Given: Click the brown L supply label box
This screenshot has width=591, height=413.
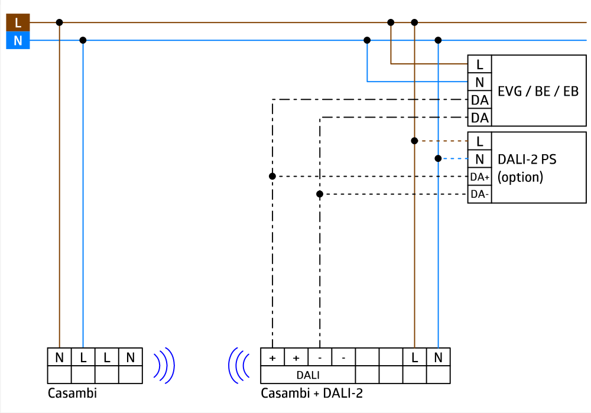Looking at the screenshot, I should click(x=18, y=22).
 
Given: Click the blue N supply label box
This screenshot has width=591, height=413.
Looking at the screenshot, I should click(x=18, y=41).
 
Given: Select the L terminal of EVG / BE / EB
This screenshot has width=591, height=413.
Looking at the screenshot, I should click(x=479, y=64).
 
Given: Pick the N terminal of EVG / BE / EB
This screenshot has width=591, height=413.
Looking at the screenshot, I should click(x=479, y=82).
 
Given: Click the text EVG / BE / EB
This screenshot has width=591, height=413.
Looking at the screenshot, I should click(x=538, y=92).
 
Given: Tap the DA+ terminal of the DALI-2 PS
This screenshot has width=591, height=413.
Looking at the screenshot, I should click(x=479, y=176).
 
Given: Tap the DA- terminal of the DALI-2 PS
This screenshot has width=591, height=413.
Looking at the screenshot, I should click(x=479, y=194).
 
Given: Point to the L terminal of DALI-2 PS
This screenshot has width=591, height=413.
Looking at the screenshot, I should click(x=479, y=141).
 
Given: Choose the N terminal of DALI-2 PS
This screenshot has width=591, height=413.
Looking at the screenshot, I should click(x=479, y=158).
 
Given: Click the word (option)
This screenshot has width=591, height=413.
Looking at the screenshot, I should click(x=520, y=177).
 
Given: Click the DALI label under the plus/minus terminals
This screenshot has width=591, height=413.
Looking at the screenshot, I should click(x=308, y=375).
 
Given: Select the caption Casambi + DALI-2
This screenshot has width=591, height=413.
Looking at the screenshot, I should click(x=311, y=393).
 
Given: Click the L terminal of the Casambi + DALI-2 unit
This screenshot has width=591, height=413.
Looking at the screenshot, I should click(x=414, y=357).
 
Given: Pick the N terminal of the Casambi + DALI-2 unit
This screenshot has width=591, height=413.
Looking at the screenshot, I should click(x=438, y=357).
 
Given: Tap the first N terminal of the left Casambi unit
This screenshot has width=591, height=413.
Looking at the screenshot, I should click(x=59, y=357).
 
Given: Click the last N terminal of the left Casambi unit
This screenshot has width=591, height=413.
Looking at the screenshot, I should click(x=130, y=357).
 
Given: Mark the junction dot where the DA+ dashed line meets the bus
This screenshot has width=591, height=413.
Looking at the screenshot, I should click(x=272, y=176).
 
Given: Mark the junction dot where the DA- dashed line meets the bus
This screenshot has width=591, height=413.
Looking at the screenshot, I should click(x=320, y=194).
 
